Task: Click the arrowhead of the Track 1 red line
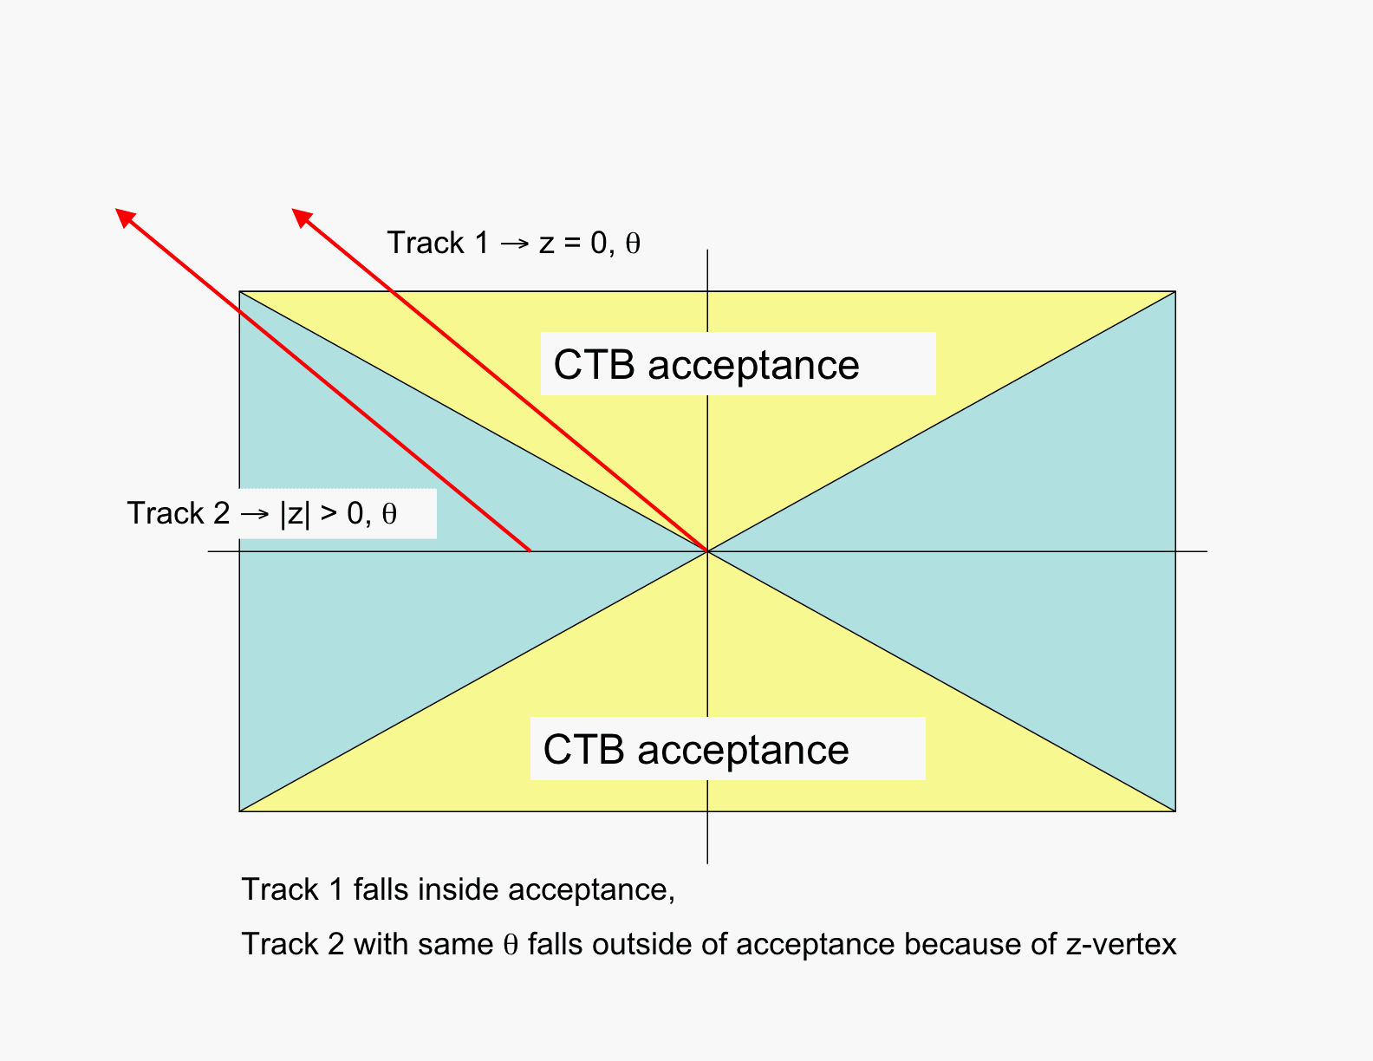pos(300,216)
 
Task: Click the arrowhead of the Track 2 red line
pos(124,215)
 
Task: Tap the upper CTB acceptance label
pos(706,365)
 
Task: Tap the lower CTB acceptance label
pos(696,750)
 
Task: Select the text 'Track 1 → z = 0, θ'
pos(513,243)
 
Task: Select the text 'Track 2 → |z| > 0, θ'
pos(262,513)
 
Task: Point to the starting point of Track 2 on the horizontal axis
pos(530,550)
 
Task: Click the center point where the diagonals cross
pos(707,551)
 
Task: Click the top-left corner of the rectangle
pos(239,291)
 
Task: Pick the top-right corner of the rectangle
pos(1175,291)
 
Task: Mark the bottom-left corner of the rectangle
pos(239,811)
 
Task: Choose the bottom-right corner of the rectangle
pos(1175,811)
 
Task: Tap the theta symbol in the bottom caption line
pos(511,945)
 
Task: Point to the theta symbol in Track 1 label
pos(633,244)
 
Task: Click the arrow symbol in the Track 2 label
pos(255,514)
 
